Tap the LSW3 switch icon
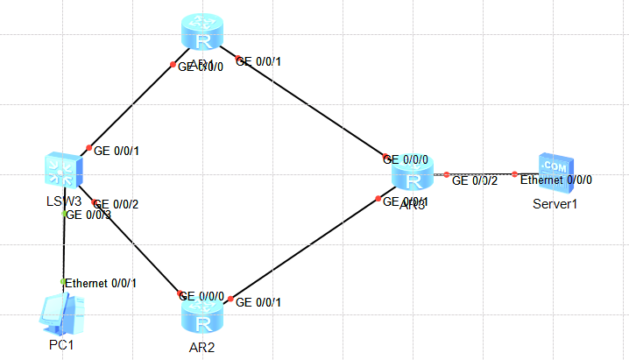tap(64, 168)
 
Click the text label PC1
tap(61, 345)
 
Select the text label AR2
tap(203, 346)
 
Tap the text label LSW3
tap(63, 201)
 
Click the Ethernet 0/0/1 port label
tap(101, 282)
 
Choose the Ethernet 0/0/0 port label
tap(556, 180)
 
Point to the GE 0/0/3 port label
tap(89, 215)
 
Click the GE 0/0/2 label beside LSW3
tap(117, 205)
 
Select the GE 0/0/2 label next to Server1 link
tap(475, 181)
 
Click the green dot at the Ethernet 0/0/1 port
tap(63, 281)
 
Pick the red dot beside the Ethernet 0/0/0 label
tap(515, 174)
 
